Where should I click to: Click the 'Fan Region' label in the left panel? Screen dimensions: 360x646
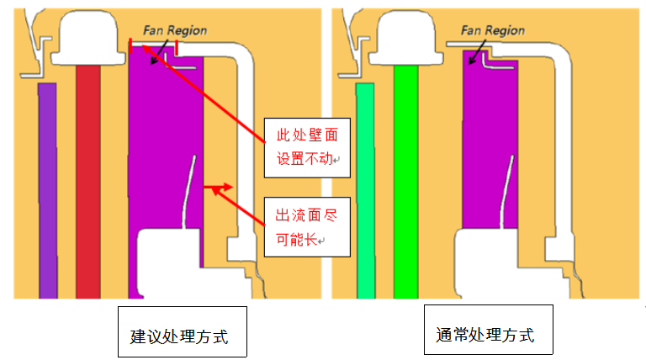click(x=174, y=29)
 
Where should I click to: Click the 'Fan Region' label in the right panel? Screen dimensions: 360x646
click(x=493, y=31)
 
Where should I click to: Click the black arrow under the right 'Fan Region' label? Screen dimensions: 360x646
click(x=476, y=54)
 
